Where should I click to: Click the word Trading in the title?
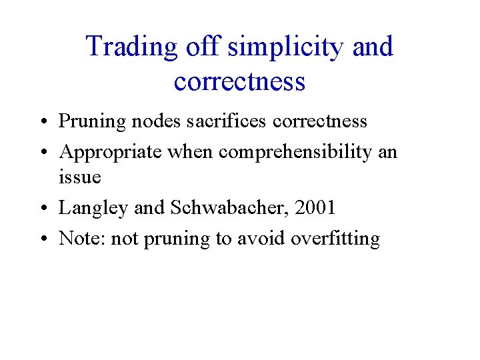coord(131,47)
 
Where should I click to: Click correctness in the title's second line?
coord(239,81)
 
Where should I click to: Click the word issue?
coord(80,177)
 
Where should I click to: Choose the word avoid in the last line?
coord(260,238)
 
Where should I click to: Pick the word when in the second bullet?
coord(191,152)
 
